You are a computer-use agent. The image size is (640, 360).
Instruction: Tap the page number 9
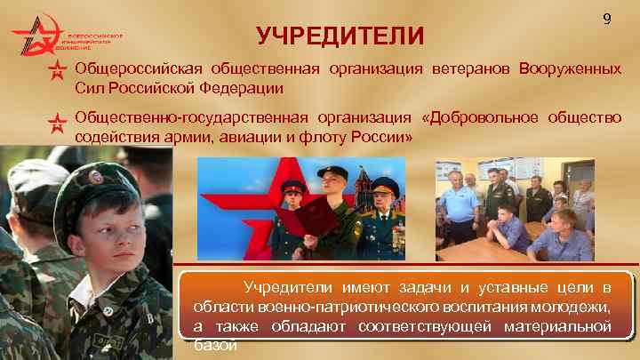606,19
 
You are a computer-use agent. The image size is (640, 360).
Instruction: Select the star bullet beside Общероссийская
58,70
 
